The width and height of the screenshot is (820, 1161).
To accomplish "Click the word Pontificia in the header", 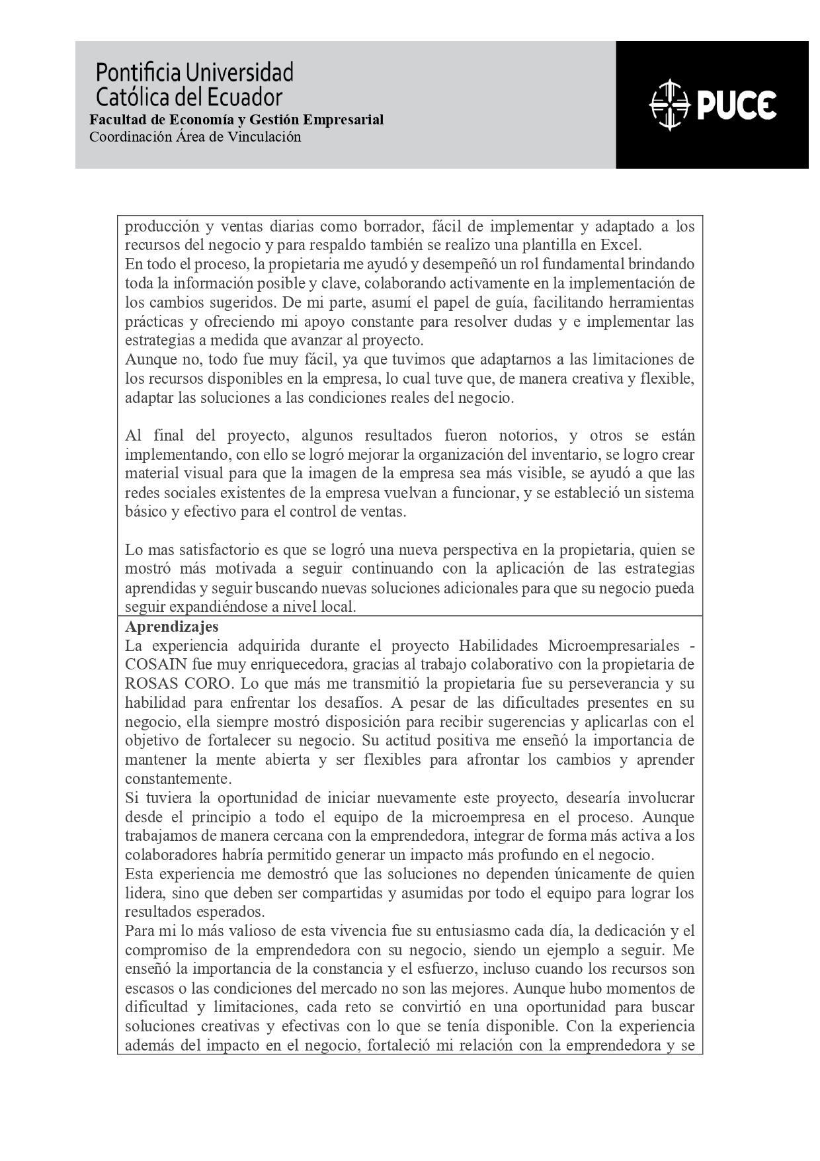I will point(139,72).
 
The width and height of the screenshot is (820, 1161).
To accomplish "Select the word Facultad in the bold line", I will point(117,120).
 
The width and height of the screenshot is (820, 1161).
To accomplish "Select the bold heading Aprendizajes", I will point(172,626).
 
